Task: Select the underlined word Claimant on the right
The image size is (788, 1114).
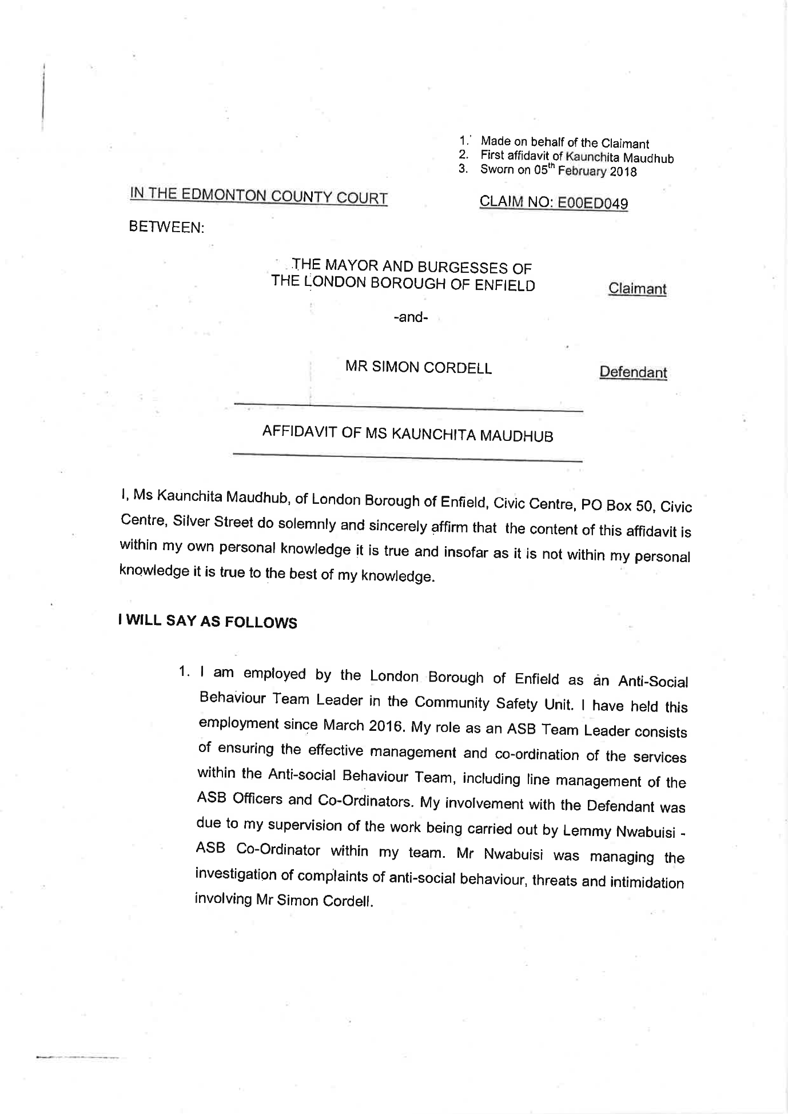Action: pos(637,289)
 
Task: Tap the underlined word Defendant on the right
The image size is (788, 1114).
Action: pos(632,372)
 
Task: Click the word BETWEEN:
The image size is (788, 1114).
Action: pos(166,227)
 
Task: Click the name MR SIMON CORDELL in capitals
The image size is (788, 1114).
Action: pos(418,367)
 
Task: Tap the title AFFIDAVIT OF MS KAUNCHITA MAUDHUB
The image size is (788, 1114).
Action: pos(407,434)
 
